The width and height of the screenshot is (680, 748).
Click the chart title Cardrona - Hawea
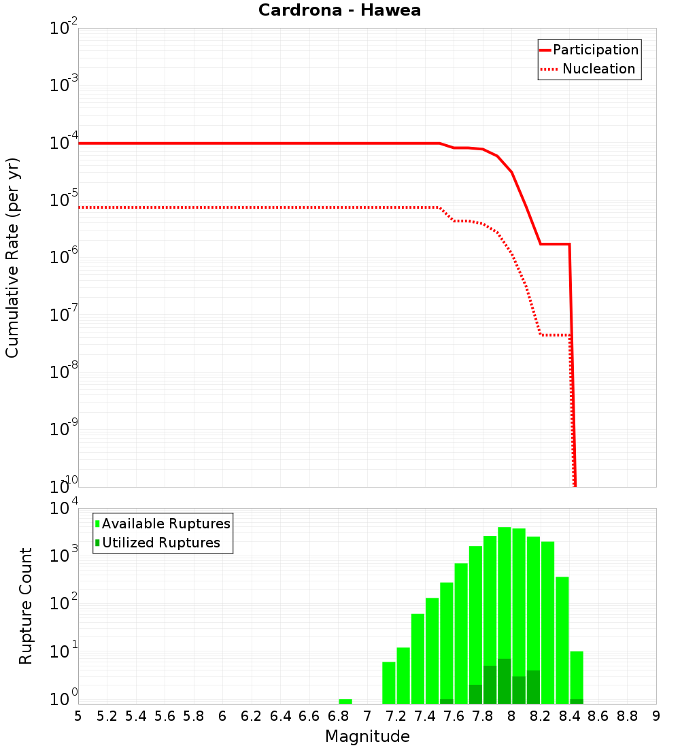pos(339,10)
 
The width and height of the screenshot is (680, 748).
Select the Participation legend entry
pos(589,50)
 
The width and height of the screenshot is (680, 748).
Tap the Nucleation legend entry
pos(589,69)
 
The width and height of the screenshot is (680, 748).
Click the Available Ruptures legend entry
pos(163,524)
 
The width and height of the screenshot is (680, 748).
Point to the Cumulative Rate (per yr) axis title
pos(12,257)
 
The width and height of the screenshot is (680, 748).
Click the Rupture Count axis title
pos(26,606)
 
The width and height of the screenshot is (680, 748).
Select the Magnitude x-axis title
pos(367,736)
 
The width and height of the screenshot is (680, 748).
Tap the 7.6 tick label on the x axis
pos(454,716)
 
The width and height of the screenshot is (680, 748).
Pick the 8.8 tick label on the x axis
pos(627,716)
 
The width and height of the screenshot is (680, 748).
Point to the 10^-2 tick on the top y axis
pos(64,29)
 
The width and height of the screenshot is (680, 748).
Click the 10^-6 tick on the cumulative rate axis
pos(64,258)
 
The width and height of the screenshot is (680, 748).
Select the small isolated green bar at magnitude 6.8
pos(345,701)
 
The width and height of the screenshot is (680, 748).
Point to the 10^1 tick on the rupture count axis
pos(64,652)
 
